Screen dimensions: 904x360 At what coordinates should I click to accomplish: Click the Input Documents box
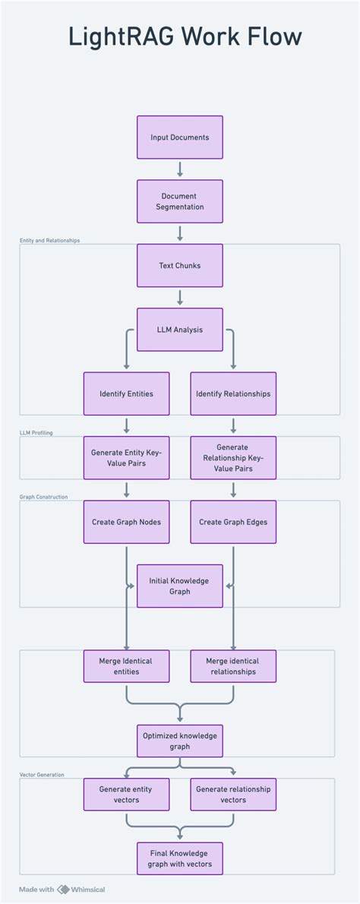coord(180,137)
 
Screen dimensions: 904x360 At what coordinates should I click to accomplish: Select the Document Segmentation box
coord(180,201)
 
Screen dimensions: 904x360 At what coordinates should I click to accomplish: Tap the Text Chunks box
coord(180,266)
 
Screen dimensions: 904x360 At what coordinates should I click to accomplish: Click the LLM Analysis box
coord(180,330)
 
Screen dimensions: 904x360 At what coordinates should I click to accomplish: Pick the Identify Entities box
coord(126,394)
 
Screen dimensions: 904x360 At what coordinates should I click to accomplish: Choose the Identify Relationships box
coord(233,394)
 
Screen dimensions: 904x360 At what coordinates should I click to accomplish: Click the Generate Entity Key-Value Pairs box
coord(126,457)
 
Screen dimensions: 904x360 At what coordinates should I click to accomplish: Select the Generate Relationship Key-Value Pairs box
coord(233,457)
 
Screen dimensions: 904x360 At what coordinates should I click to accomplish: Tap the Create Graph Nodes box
coord(126,522)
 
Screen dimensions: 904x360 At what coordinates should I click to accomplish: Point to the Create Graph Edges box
coord(233,522)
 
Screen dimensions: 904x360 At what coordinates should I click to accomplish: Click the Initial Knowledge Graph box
coord(180,586)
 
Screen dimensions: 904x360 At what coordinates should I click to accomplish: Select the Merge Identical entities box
coord(126,666)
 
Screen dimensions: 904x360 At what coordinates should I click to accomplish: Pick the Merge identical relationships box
coord(233,666)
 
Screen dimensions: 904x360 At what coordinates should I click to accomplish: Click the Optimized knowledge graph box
coord(180,741)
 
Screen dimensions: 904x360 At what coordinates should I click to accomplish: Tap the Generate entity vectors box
coord(126,794)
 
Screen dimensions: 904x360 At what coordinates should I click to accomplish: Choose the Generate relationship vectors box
coord(233,794)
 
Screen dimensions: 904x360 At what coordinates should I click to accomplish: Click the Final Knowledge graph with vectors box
coord(180,858)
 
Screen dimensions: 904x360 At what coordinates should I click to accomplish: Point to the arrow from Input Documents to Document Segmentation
coord(180,169)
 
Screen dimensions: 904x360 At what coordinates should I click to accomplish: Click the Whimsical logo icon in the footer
coord(64,889)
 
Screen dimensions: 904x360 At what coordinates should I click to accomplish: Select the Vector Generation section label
coord(42,775)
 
